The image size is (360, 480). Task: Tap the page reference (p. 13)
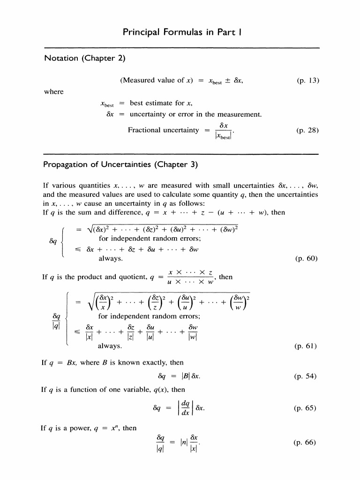pyautogui.click(x=307, y=80)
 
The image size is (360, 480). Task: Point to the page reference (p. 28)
pyautogui.click(x=307, y=130)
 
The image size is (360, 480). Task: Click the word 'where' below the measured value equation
pyautogui.click(x=53, y=91)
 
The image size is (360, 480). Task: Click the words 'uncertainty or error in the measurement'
pyautogui.click(x=195, y=114)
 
